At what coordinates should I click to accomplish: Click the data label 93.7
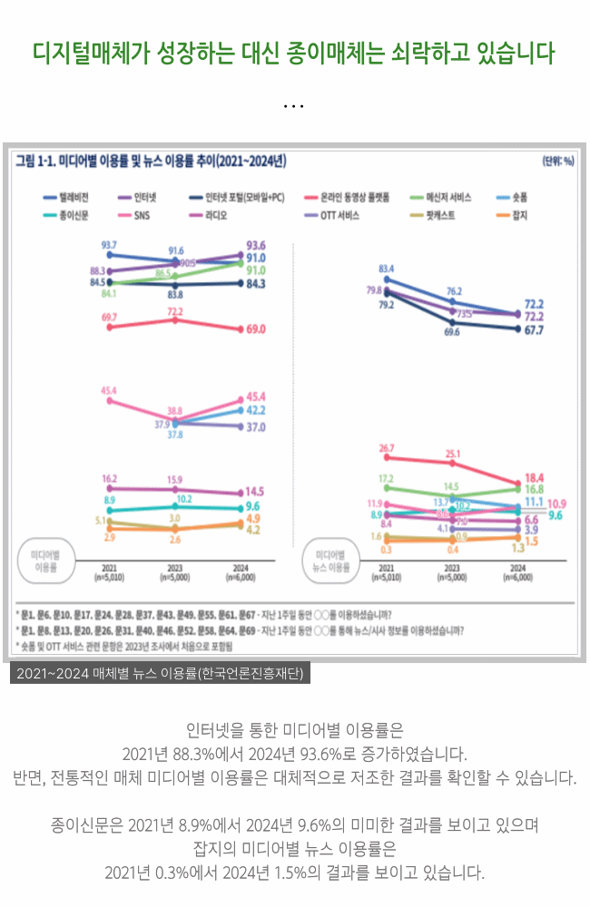109,246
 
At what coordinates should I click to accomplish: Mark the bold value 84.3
255,284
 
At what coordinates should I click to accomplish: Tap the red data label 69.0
255,328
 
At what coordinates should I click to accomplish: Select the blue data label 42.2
255,410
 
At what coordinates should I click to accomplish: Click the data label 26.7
387,448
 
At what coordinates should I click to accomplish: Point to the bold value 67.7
534,331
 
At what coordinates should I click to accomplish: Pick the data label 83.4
387,268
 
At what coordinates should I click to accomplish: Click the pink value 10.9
556,503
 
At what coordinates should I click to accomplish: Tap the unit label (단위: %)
557,161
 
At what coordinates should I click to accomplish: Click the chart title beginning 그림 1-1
151,161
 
